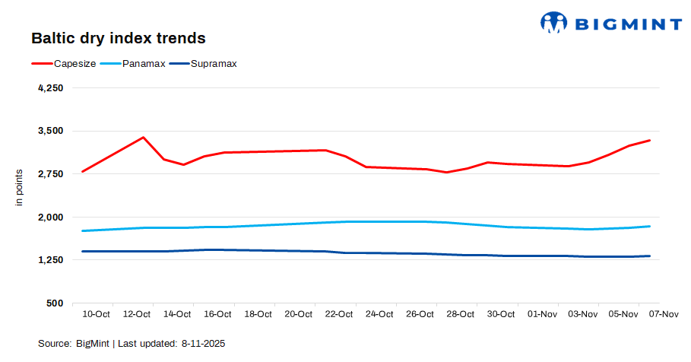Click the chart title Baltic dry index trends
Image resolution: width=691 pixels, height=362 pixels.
[118, 37]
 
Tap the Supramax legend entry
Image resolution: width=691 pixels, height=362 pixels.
[214, 63]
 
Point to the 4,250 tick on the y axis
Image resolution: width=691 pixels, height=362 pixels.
[50, 88]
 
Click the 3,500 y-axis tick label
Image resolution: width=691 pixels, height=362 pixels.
[50, 131]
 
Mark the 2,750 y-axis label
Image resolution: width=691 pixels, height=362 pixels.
[50, 174]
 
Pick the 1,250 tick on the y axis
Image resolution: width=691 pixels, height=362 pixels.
[50, 260]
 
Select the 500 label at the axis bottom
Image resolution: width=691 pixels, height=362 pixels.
[55, 303]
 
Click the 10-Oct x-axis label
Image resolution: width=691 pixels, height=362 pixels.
[97, 313]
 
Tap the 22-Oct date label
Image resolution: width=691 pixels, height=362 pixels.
[339, 313]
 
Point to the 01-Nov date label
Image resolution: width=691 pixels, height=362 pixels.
[541, 313]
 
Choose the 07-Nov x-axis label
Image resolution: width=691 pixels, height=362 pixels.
[663, 313]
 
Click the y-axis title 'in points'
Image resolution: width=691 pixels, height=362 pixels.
[20, 187]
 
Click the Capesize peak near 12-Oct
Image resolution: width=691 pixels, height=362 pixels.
[144, 138]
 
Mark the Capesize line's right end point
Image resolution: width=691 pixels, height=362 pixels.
[649, 140]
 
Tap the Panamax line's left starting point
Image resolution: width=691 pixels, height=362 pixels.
[82, 230]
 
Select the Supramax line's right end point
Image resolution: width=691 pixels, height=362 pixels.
[649, 256]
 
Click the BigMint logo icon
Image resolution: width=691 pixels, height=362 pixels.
[554, 22]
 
